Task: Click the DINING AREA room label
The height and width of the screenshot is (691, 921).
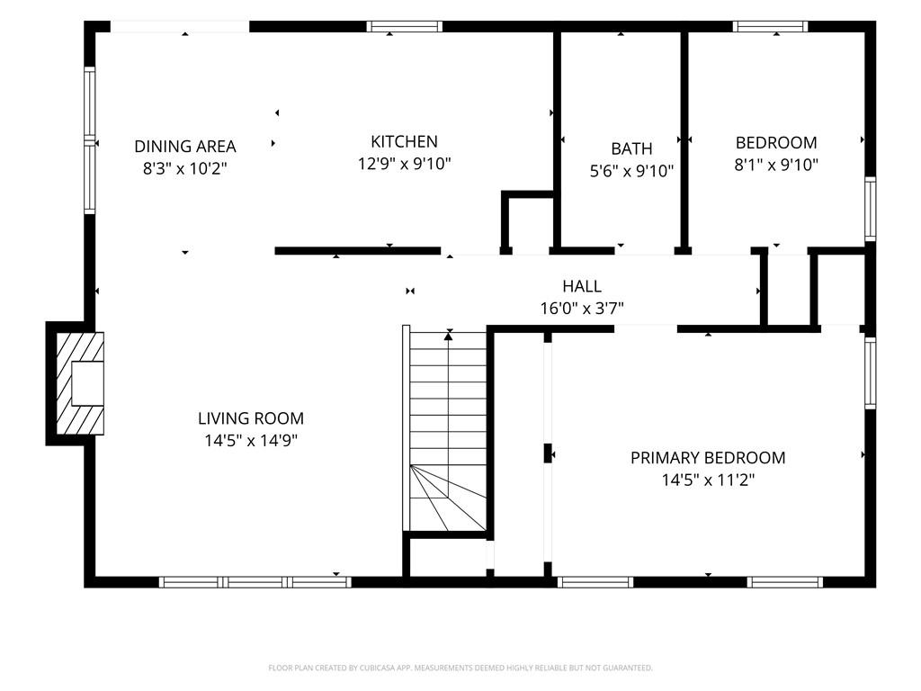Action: pyautogui.click(x=185, y=146)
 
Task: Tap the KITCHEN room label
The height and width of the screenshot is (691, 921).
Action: pyautogui.click(x=404, y=141)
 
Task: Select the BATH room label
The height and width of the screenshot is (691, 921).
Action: pyautogui.click(x=631, y=148)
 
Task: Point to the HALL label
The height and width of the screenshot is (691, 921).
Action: pyautogui.click(x=582, y=286)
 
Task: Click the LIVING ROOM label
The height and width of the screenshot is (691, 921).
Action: pyautogui.click(x=251, y=418)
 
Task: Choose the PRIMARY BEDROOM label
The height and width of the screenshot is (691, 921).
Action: pyautogui.click(x=708, y=458)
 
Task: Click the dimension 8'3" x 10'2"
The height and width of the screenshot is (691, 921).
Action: pyautogui.click(x=185, y=168)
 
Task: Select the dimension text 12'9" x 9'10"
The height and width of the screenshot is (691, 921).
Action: pyautogui.click(x=404, y=164)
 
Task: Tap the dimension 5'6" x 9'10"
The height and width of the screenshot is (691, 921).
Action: pyautogui.click(x=631, y=170)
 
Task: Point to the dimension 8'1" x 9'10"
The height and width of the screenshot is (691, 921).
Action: pyautogui.click(x=776, y=165)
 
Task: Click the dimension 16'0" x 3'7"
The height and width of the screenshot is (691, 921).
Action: pyautogui.click(x=582, y=308)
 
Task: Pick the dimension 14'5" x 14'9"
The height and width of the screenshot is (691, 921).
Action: pyautogui.click(x=251, y=440)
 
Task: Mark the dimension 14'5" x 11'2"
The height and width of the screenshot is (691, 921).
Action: pyautogui.click(x=708, y=480)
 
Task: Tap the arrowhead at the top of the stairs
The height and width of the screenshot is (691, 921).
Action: pyautogui.click(x=449, y=336)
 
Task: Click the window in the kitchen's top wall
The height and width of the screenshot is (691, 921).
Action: pyautogui.click(x=405, y=26)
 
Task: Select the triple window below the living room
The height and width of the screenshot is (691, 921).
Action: pyautogui.click(x=255, y=582)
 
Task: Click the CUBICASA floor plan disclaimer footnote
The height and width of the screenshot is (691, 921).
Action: pyautogui.click(x=460, y=669)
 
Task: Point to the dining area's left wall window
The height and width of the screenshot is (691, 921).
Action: pyautogui.click(x=89, y=139)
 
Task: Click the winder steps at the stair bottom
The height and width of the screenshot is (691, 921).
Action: pyautogui.click(x=448, y=498)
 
